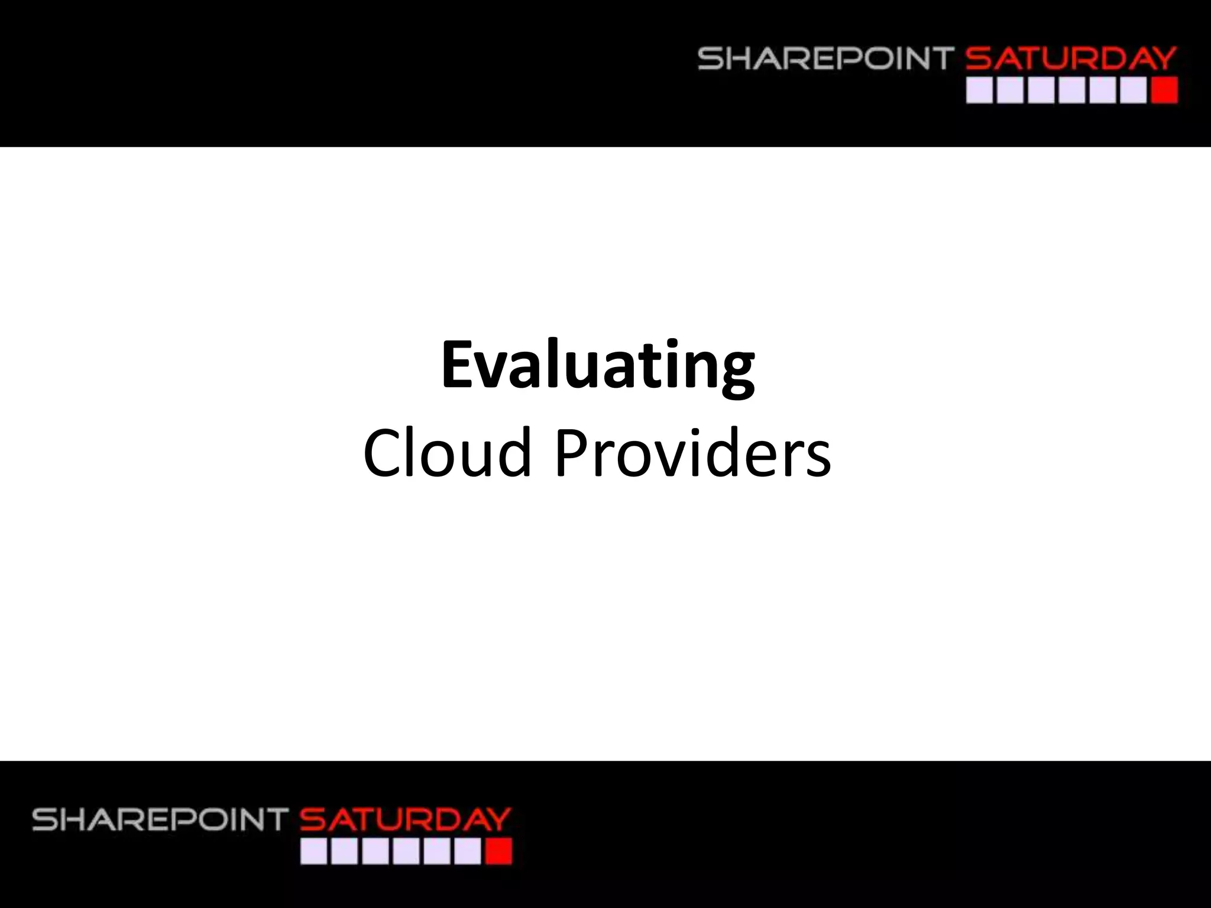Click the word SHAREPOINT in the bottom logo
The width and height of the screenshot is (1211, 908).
160,820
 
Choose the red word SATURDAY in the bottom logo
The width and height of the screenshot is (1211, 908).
406,820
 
